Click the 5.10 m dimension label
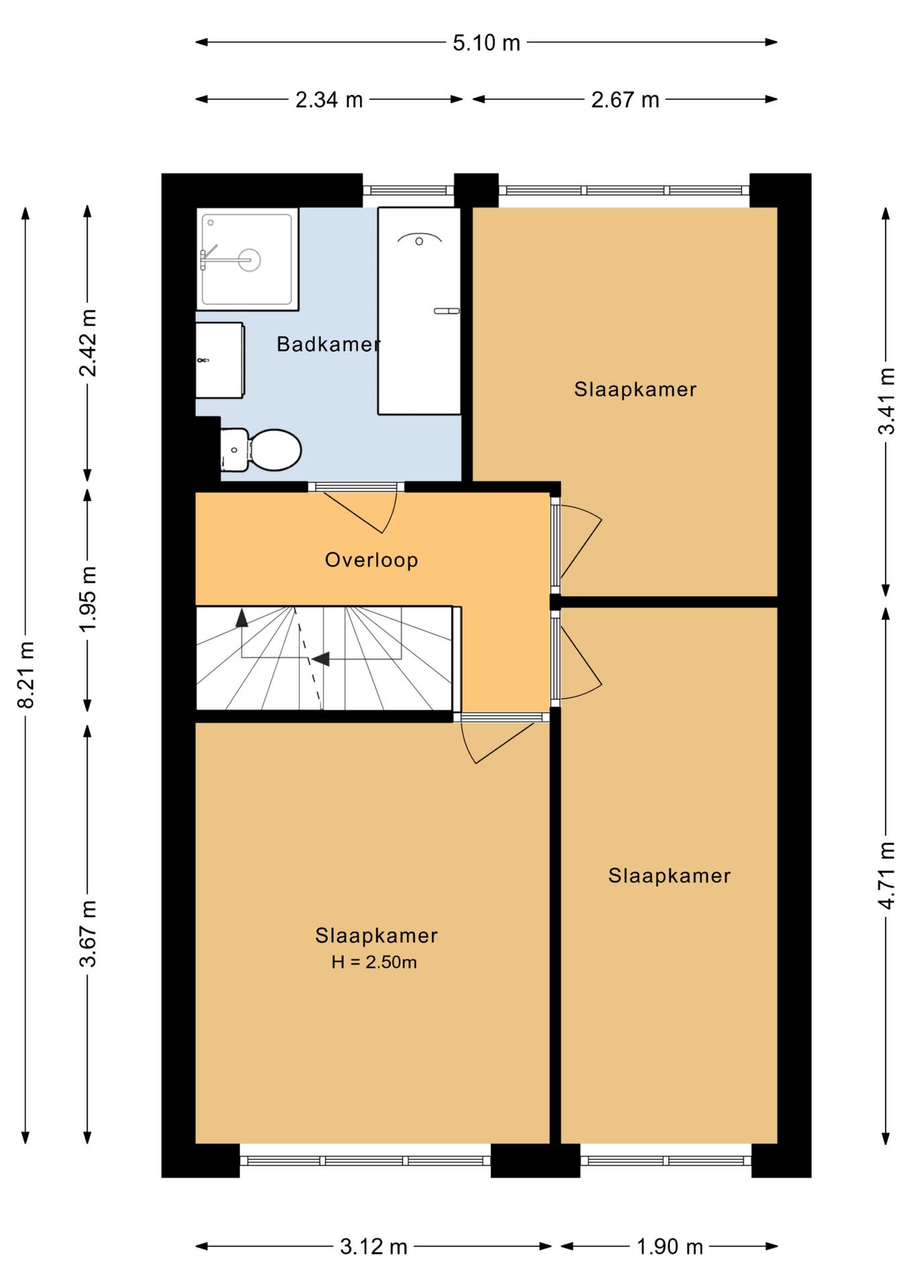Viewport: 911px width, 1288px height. point(486,43)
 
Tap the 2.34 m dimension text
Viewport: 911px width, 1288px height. point(329,100)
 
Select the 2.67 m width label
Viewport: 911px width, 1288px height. point(625,100)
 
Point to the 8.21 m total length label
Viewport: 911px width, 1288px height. point(25,674)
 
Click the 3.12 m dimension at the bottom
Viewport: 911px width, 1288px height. point(374,1247)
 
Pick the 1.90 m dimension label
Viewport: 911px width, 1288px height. point(669,1247)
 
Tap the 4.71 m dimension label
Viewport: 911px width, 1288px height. point(886,875)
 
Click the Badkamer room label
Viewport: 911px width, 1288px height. point(329,344)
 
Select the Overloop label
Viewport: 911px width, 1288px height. point(372,560)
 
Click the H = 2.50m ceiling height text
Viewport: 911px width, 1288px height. point(374,963)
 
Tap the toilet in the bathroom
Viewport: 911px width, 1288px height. point(260,450)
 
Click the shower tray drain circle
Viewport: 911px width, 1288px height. point(250,260)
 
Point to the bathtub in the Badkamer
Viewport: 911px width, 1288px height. point(419,311)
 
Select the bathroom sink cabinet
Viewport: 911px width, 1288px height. point(220,360)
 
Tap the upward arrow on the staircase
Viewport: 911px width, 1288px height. point(242,618)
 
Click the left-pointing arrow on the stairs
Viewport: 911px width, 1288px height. point(321,659)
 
